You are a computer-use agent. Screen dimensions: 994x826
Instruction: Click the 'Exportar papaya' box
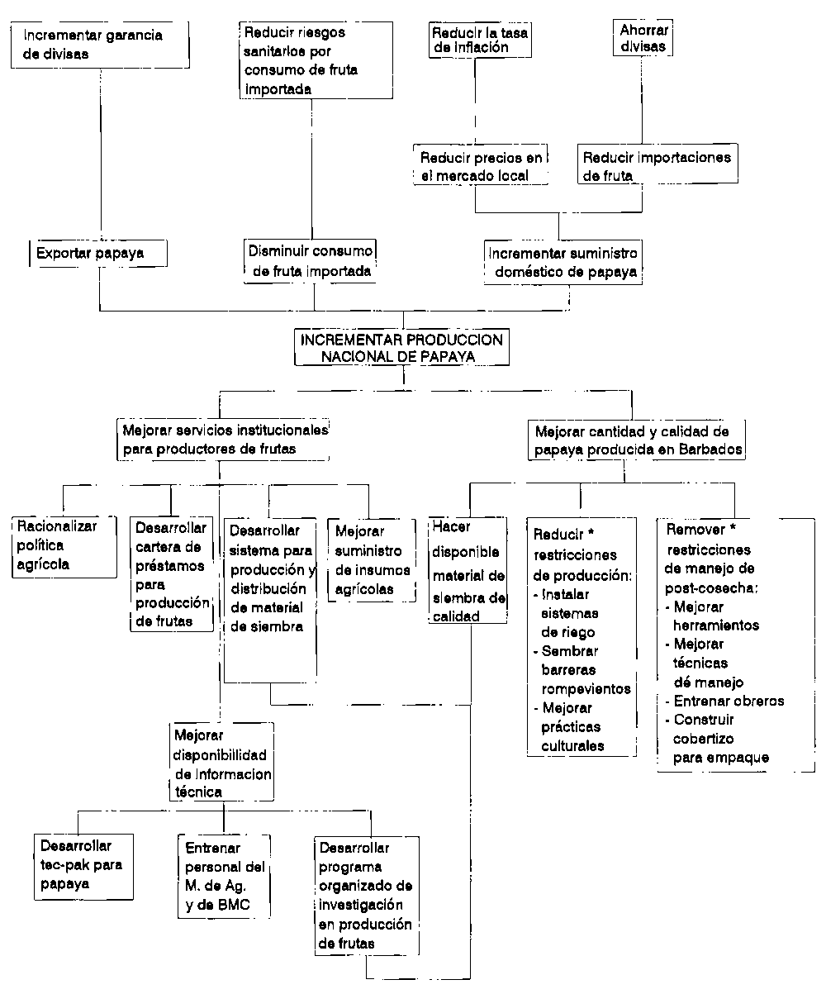(x=98, y=254)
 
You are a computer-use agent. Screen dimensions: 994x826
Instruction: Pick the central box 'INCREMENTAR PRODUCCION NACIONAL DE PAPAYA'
(x=402, y=348)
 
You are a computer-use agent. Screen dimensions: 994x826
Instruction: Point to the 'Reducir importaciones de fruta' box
(x=657, y=165)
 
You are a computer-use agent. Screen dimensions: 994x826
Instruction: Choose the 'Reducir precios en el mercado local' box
(x=483, y=165)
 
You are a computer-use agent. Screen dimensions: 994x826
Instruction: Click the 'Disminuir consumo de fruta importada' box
(x=311, y=259)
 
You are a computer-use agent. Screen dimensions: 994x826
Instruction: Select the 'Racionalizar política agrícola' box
(x=64, y=545)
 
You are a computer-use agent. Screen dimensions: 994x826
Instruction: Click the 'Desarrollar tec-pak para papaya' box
(x=83, y=865)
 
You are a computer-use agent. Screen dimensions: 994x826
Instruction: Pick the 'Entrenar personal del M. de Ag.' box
(x=225, y=876)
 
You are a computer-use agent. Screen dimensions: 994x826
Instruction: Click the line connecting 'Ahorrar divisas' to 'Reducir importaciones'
(x=643, y=100)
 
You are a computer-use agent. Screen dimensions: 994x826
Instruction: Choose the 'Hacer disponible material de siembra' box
(x=468, y=570)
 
